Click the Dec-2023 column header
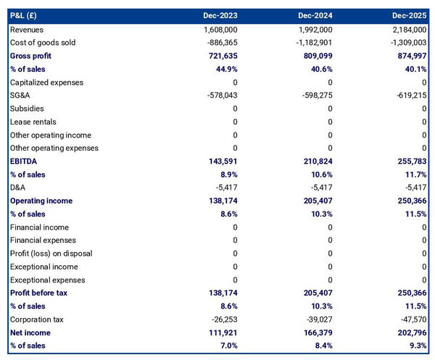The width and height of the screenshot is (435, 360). tap(220, 15)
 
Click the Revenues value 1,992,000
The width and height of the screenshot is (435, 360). tap(315, 30)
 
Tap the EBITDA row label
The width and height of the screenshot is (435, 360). tap(25, 161)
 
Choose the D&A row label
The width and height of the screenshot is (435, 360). tap(20, 188)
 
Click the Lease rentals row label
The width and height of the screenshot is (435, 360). tap(33, 122)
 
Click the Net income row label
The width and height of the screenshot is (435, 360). tap(31, 332)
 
